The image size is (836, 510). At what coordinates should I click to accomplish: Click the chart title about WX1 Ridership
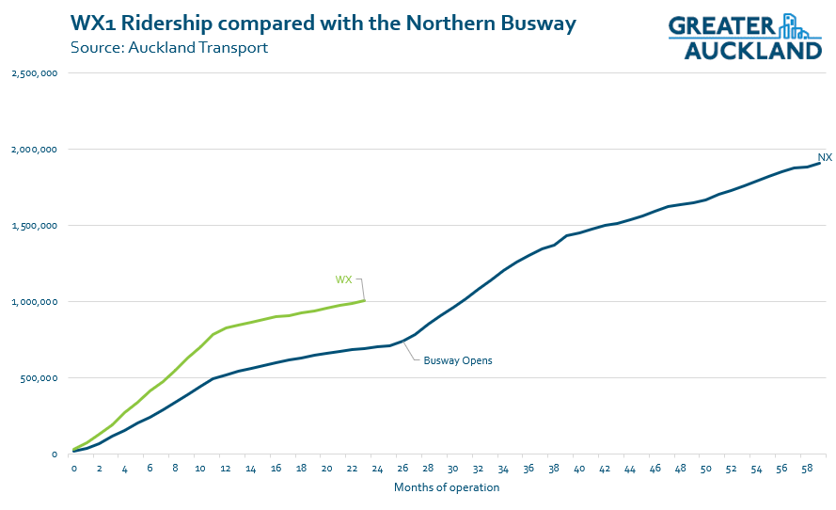[x=323, y=24]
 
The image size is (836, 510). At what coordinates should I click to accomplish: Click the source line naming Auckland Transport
[x=168, y=47]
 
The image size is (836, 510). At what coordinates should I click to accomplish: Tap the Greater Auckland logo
[x=745, y=38]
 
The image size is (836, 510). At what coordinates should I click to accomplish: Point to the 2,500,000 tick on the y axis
[x=35, y=72]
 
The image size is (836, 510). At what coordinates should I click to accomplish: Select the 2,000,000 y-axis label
[x=35, y=149]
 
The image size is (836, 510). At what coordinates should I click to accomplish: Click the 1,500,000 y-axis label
[x=35, y=225]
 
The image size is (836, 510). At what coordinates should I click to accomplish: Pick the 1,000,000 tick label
[x=35, y=301]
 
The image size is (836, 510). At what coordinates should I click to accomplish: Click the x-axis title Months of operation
[x=447, y=487]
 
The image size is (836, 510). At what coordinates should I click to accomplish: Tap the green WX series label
[x=344, y=279]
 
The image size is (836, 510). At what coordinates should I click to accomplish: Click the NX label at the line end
[x=824, y=157]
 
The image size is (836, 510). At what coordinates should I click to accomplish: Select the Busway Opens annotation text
[x=458, y=360]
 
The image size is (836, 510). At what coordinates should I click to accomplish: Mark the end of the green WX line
[x=364, y=300]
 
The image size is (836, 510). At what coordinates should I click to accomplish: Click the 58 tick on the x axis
[x=806, y=469]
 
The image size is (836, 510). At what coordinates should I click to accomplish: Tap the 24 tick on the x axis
[x=376, y=469]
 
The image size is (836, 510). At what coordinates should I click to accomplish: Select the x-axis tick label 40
[x=578, y=469]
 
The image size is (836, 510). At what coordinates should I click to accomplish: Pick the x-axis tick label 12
[x=226, y=469]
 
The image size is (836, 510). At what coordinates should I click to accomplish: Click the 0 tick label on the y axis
[x=55, y=454]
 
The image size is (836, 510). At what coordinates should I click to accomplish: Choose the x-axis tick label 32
[x=478, y=469]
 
